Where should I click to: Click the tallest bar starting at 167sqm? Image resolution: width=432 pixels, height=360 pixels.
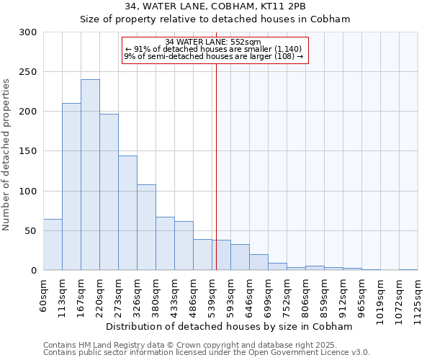pyautogui.click(x=90, y=175)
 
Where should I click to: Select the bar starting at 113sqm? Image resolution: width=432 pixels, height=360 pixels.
pyautogui.click(x=71, y=186)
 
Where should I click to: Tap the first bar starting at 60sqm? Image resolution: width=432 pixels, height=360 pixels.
pyautogui.click(x=53, y=244)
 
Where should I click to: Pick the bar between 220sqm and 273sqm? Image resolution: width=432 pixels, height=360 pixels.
pyautogui.click(x=109, y=192)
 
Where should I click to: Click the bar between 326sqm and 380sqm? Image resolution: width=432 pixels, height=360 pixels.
pyautogui.click(x=146, y=227)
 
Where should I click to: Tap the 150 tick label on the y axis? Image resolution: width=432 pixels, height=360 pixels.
pyautogui.click(x=29, y=151)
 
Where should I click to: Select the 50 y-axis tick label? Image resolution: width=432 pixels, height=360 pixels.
pyautogui.click(x=32, y=231)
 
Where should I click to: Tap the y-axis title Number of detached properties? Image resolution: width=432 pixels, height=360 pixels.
pyautogui.click(x=6, y=154)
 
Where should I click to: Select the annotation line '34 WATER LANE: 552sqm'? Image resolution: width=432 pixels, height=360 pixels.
pyautogui.click(x=213, y=42)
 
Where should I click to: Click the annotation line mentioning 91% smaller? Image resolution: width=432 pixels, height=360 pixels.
pyautogui.click(x=213, y=49)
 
